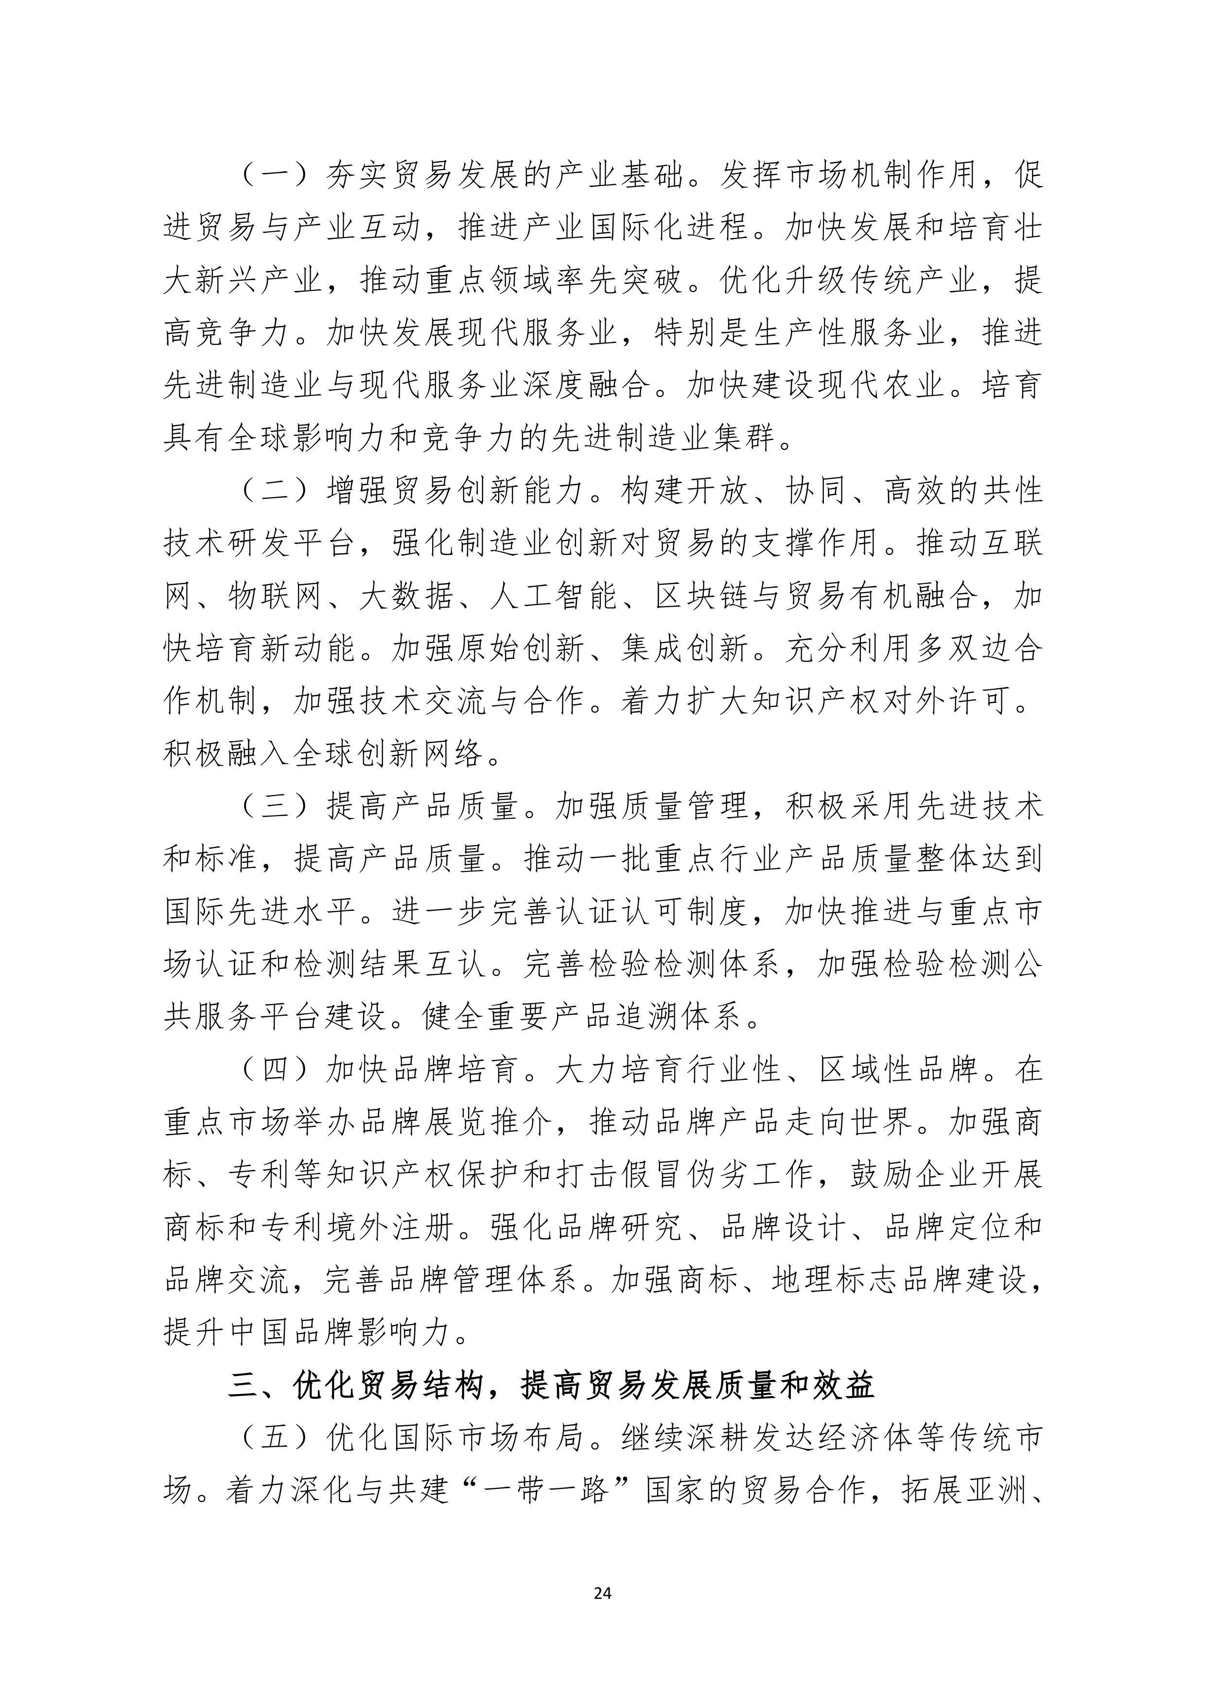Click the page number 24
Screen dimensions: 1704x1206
[x=602, y=1593]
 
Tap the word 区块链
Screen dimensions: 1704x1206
[x=702, y=596]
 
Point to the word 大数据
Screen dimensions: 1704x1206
[x=406, y=596]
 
